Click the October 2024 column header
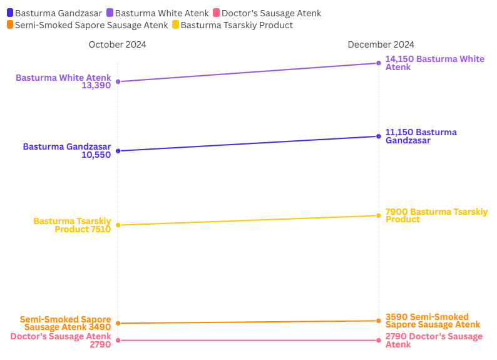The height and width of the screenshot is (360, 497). click(118, 44)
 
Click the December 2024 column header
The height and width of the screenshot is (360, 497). click(381, 44)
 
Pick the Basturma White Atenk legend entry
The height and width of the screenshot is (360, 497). click(156, 13)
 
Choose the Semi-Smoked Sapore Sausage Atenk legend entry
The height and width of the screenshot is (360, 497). click(87, 25)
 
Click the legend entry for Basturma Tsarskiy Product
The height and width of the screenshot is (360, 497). click(232, 25)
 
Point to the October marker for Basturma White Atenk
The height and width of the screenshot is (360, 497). click(118, 81)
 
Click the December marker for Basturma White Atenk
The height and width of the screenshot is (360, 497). click(379, 63)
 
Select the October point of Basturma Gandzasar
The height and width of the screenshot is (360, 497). click(118, 151)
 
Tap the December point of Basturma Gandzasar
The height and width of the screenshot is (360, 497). click(379, 136)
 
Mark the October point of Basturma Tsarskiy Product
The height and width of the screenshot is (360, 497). click(118, 225)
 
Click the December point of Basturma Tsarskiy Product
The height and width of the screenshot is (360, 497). click(379, 216)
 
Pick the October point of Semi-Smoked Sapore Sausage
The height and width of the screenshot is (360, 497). click(118, 323)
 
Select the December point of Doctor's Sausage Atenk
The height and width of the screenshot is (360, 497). click(379, 340)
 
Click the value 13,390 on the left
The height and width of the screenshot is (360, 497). click(96, 86)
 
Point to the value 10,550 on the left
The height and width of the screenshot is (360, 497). click(96, 155)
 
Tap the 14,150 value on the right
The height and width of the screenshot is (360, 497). click(399, 59)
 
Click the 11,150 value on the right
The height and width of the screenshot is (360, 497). click(399, 133)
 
